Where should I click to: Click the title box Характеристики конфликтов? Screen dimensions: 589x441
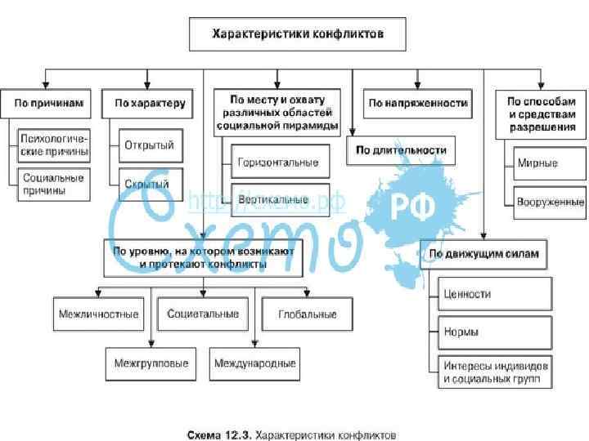click(x=297, y=36)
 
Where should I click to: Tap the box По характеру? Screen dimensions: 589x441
click(x=150, y=104)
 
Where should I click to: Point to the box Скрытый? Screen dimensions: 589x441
click(x=147, y=184)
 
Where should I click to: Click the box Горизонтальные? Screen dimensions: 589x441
click(x=278, y=162)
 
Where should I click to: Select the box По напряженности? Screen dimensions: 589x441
click(x=417, y=104)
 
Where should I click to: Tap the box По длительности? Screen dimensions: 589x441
click(x=401, y=150)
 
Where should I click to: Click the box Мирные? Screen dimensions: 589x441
click(x=537, y=163)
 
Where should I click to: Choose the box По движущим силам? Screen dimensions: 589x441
click(x=483, y=253)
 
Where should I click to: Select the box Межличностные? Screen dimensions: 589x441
click(x=98, y=314)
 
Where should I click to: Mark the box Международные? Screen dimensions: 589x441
click(x=254, y=363)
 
